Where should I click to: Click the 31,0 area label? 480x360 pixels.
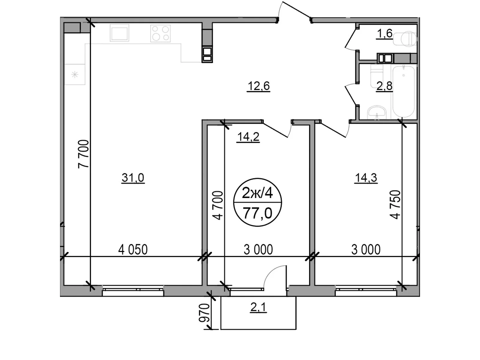[x=133, y=178]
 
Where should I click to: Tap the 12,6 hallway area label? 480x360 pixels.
[x=259, y=86]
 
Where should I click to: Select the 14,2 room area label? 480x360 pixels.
[x=248, y=137]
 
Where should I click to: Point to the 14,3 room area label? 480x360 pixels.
[x=366, y=178]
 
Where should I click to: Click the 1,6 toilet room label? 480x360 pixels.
[x=385, y=33]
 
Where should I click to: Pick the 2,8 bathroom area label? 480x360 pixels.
[x=384, y=86]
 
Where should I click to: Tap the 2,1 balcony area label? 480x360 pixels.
[x=258, y=307]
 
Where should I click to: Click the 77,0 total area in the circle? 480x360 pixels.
[x=258, y=213]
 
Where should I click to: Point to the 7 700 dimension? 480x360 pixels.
[x=83, y=154]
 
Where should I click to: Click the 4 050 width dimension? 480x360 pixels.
[x=133, y=250]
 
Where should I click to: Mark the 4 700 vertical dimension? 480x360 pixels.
[x=218, y=205]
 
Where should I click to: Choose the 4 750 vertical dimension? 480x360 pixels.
[x=395, y=205]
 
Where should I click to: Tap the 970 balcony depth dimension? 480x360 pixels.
[x=204, y=313]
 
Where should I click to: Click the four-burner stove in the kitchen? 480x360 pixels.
[x=160, y=33]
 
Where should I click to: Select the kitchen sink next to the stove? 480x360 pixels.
[x=119, y=33]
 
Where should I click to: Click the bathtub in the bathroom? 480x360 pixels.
[x=404, y=92]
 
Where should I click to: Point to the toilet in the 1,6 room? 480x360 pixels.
[x=405, y=39]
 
